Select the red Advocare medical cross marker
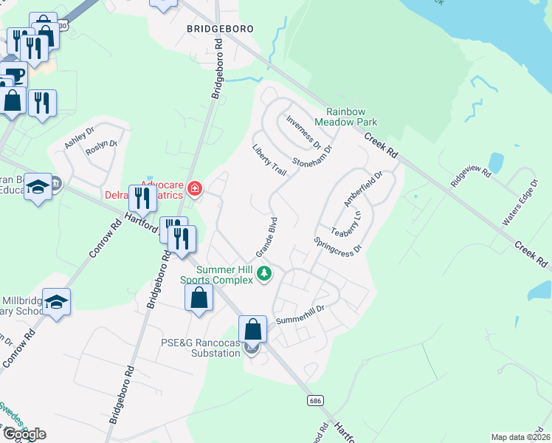[194, 189]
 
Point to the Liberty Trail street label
[269, 160]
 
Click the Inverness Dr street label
[308, 131]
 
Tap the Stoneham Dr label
[312, 154]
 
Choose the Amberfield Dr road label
[364, 189]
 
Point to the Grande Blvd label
[266, 234]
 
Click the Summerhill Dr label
[300, 315]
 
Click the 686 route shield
[315, 399]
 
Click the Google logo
[24, 434]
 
